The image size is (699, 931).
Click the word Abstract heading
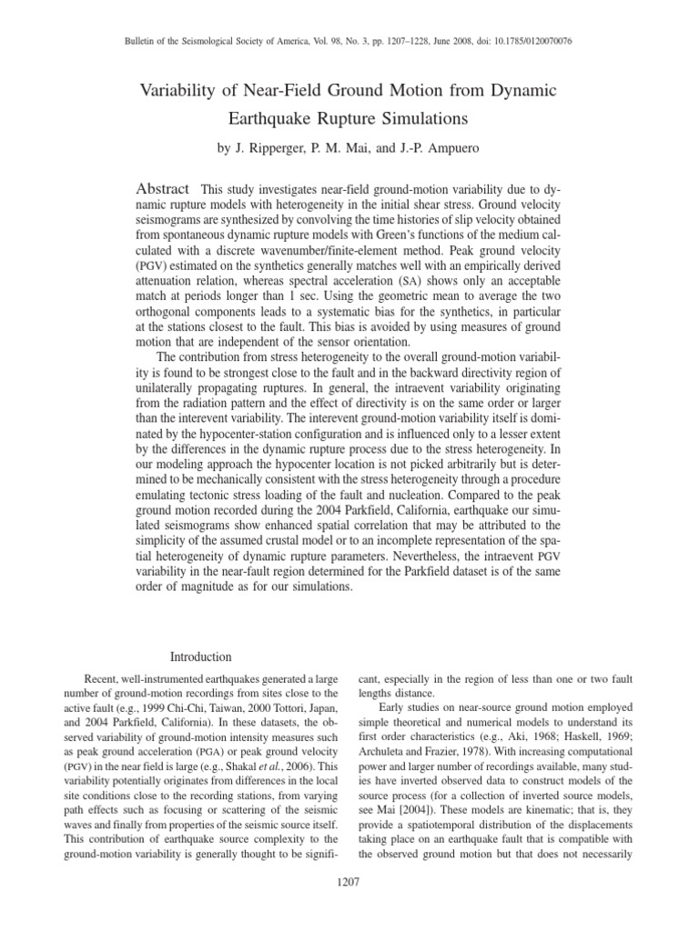(163, 188)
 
